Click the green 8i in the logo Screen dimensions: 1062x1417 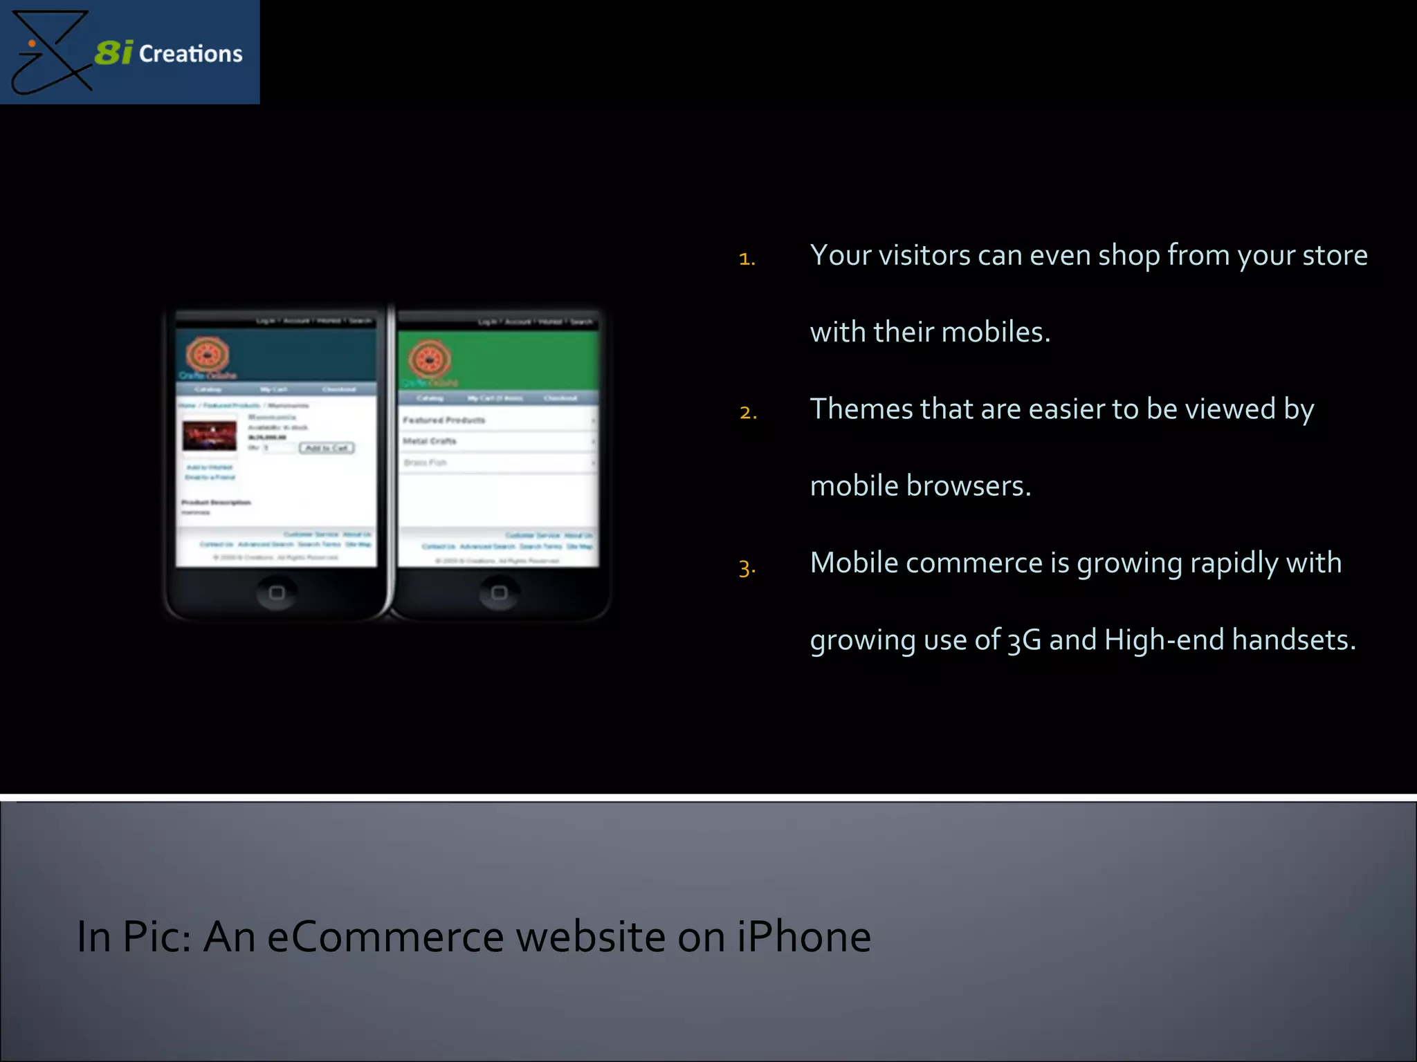click(113, 53)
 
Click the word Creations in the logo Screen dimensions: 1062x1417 click(191, 54)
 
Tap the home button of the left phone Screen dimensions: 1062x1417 click(277, 593)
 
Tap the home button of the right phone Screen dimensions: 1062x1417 click(499, 593)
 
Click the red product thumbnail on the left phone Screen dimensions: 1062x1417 click(209, 436)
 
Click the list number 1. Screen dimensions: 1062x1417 click(747, 259)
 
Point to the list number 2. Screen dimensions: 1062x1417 click(748, 413)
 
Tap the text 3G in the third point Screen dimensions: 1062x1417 click(1024, 640)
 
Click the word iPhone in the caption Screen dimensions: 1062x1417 click(803, 937)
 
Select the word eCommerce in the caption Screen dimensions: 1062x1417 click(385, 937)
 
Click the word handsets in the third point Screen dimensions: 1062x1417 click(1293, 640)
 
